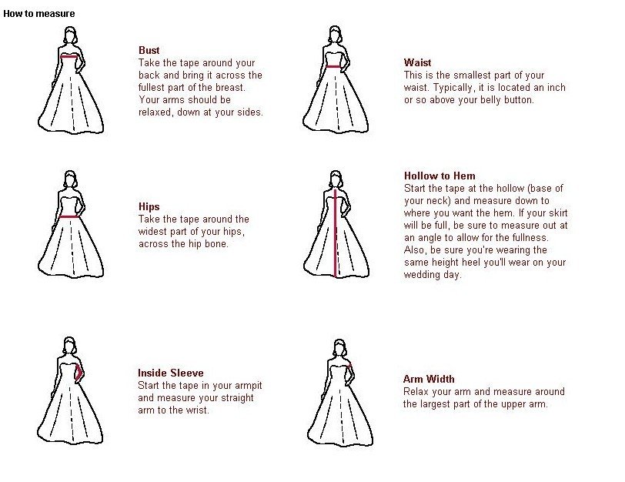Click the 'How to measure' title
(39, 14)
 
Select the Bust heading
(149, 50)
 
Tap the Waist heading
(417, 62)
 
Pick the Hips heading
(149, 206)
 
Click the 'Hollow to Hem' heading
(440, 176)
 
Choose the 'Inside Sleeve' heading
(171, 373)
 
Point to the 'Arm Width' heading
(429, 379)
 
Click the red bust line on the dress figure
(69, 57)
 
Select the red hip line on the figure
(69, 217)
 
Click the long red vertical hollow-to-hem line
(336, 233)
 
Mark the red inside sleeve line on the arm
(79, 373)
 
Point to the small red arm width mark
(349, 366)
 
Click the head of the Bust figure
(71, 35)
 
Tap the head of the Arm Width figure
(339, 348)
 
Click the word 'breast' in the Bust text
(229, 87)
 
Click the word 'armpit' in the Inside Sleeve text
(249, 386)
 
